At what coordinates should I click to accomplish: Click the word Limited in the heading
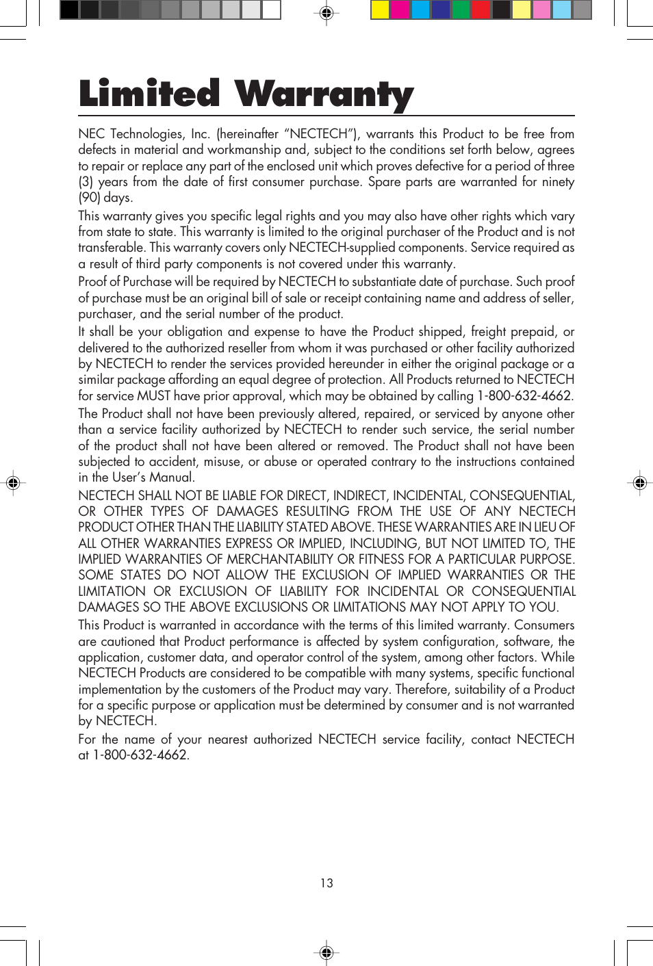(149, 94)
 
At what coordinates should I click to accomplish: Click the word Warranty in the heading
(324, 95)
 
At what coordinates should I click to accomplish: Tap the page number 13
(326, 883)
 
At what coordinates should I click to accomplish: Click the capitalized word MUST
(153, 396)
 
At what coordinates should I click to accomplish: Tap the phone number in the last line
(140, 755)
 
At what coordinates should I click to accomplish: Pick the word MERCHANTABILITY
(279, 560)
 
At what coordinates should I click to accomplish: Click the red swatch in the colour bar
(481, 10)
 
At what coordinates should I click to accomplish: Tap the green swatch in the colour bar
(461, 10)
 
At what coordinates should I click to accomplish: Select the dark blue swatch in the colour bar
(441, 10)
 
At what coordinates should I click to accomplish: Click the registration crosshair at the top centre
(326, 13)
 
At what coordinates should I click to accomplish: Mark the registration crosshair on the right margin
(639, 483)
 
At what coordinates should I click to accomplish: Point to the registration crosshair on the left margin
(13, 483)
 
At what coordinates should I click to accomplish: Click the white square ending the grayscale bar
(272, 10)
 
